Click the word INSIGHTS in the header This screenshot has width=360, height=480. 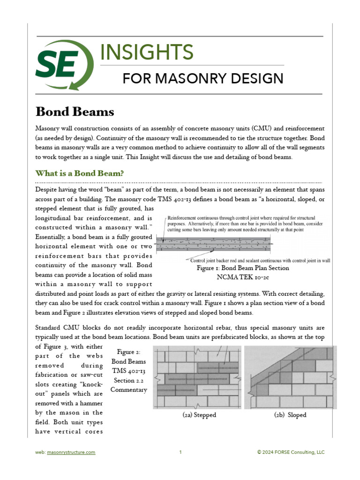tap(146, 52)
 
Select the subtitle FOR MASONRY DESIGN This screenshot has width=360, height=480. tap(202, 78)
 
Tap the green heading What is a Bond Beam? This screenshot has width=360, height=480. tap(80, 173)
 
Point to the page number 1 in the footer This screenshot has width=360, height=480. tap(180, 452)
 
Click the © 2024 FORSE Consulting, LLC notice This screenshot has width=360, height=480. tap(291, 452)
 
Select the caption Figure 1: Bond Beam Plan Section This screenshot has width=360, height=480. tap(242, 268)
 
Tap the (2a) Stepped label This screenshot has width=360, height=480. tap(199, 415)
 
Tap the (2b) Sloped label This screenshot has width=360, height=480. tap(290, 415)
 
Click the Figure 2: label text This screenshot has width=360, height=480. tap(129, 352)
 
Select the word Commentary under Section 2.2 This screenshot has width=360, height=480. tap(129, 390)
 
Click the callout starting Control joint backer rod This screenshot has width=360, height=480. tap(260, 260)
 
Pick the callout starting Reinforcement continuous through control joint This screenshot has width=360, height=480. tap(241, 224)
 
